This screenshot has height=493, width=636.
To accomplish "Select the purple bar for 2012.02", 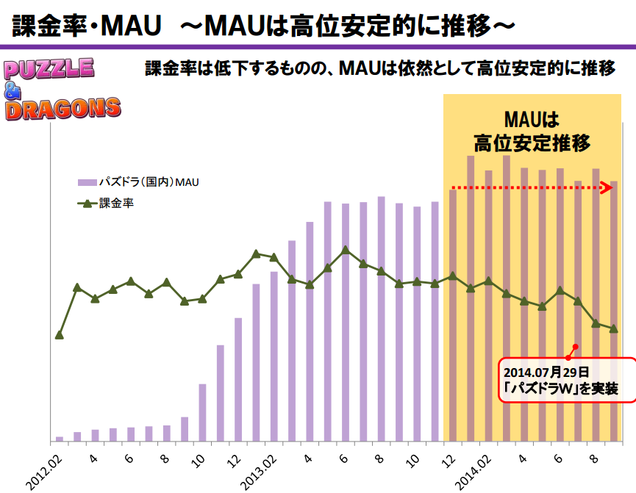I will pyautogui.click(x=60, y=439).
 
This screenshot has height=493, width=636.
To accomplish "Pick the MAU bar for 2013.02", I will pyautogui.click(x=274, y=356).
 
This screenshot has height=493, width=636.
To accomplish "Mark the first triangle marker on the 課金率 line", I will pyautogui.click(x=60, y=334).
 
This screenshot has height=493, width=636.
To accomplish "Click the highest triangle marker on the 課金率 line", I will pyautogui.click(x=346, y=250).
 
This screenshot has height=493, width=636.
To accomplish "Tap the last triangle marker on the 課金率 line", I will pyautogui.click(x=613, y=328).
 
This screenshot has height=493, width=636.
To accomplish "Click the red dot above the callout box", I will pyautogui.click(x=576, y=347).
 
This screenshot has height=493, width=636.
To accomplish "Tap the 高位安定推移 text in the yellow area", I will pyautogui.click(x=532, y=142).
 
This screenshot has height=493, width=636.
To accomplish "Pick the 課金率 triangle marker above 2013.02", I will pyautogui.click(x=274, y=257).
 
